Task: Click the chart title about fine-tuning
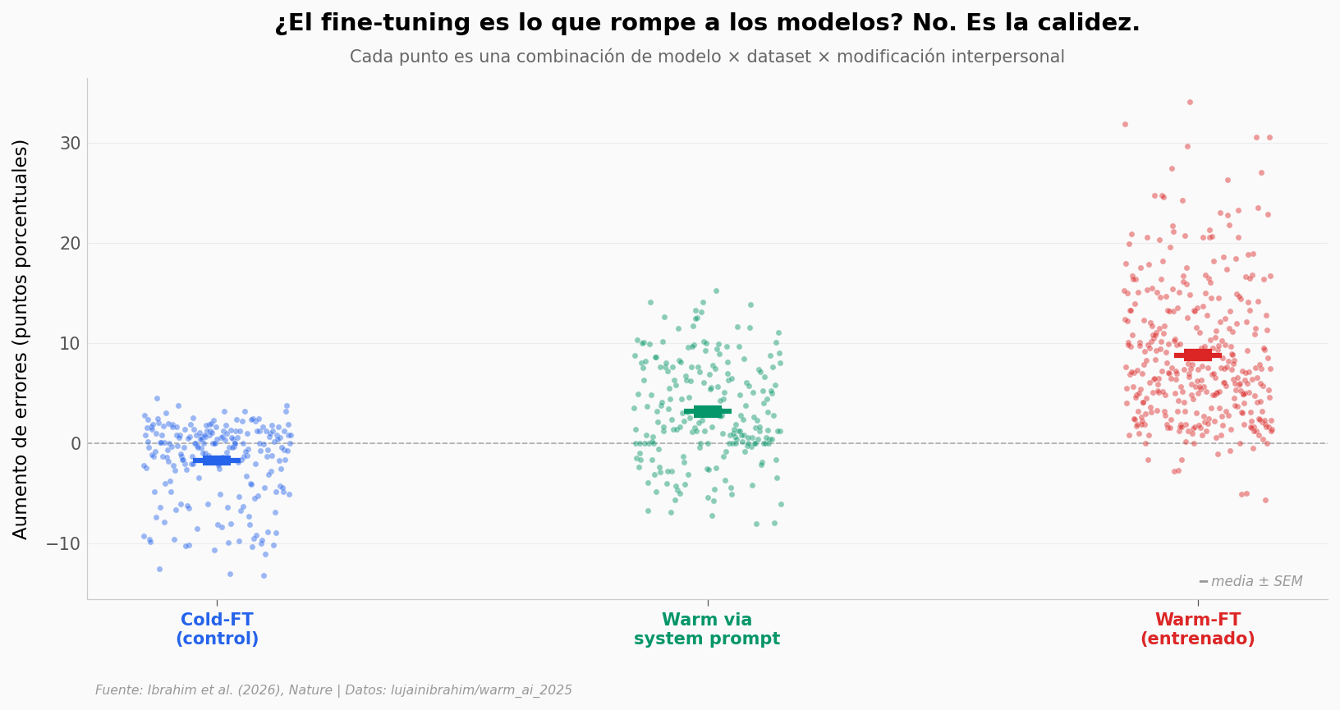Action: [706, 23]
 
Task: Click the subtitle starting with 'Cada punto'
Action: [706, 57]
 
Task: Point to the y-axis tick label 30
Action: [70, 144]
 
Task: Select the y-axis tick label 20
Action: [70, 244]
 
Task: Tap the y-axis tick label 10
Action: [70, 344]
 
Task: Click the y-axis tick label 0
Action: [76, 444]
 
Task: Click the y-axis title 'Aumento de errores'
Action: [21, 339]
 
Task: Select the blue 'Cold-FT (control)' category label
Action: [217, 630]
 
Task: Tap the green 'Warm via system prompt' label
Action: [707, 630]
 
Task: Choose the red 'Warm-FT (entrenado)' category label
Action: [1197, 630]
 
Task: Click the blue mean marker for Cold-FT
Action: [217, 460]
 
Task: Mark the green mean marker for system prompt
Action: [708, 411]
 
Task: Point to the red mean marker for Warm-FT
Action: [1198, 355]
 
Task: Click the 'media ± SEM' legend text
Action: [1256, 582]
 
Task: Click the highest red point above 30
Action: [1190, 103]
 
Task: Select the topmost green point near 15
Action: [716, 291]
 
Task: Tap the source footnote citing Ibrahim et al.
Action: [333, 690]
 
